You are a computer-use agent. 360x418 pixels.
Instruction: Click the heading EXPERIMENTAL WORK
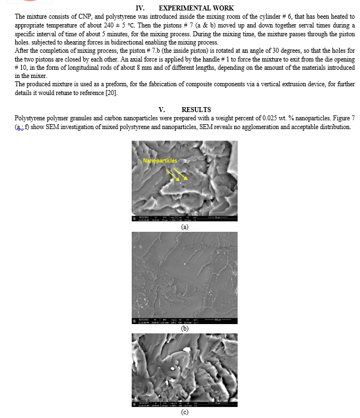196,8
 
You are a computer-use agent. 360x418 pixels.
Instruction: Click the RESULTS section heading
196,110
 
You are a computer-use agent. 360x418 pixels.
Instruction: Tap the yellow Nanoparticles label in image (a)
160,160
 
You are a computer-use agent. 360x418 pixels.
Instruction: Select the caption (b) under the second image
184,328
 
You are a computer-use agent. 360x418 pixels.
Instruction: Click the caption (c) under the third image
184,413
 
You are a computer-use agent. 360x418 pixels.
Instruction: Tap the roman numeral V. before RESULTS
161,110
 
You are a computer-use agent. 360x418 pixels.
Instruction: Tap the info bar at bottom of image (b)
184,320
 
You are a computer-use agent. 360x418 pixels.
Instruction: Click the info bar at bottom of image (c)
184,404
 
